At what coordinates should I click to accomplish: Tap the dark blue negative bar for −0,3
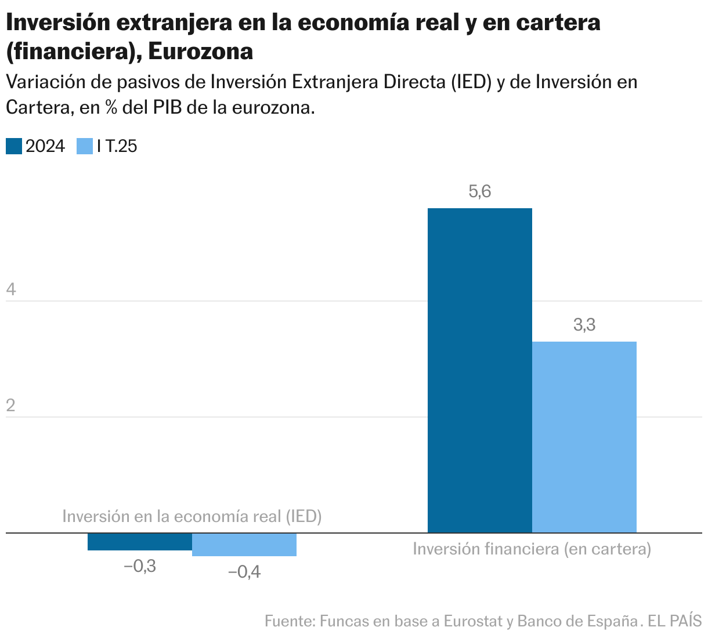[140, 541]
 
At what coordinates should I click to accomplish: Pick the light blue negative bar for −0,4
[244, 544]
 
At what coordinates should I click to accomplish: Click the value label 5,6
[480, 191]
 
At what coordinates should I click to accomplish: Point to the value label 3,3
[584, 325]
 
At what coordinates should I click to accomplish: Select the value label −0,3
[140, 566]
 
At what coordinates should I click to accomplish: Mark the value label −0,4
[244, 572]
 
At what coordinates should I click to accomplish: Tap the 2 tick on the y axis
[10, 405]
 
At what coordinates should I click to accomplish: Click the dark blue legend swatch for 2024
[14, 146]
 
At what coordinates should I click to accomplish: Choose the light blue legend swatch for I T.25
[85, 146]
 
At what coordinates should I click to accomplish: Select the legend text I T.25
[117, 146]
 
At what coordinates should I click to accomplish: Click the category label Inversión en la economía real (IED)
[192, 516]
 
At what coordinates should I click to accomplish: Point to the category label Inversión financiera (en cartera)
[532, 549]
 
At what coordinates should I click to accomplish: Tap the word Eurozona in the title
[201, 52]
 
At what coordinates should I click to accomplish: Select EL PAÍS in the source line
[674, 621]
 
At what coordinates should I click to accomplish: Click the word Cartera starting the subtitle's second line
[37, 108]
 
